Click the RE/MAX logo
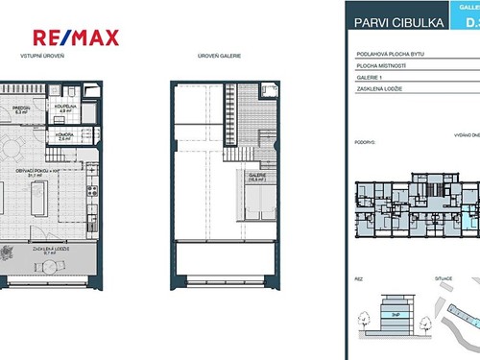coord(76,37)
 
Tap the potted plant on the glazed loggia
coord(8,254)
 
